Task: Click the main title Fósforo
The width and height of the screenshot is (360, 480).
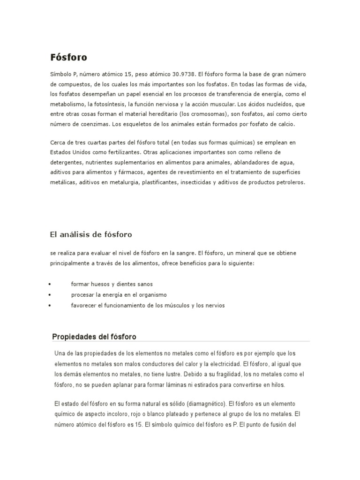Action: click(68, 58)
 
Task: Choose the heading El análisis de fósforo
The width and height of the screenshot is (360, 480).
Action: click(91, 234)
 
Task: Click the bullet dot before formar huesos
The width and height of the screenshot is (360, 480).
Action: click(50, 285)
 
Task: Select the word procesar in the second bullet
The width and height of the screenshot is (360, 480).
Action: click(82, 295)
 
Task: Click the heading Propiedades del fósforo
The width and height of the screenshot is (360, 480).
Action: click(94, 337)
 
